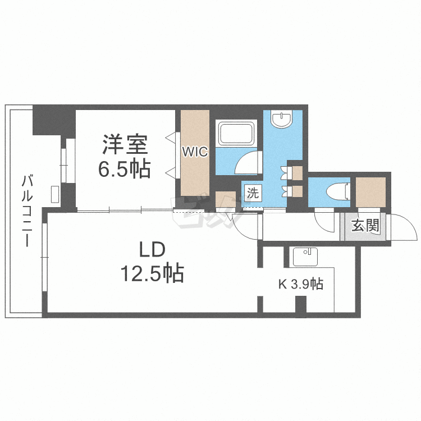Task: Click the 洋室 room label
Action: pyautogui.click(x=125, y=145)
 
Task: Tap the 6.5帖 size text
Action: pyautogui.click(x=125, y=168)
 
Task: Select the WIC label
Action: pyautogui.click(x=195, y=152)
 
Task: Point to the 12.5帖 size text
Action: pyautogui.click(x=151, y=274)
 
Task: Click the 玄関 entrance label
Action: pyautogui.click(x=365, y=226)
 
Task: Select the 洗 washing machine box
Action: pyautogui.click(x=253, y=194)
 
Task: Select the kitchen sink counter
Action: pyautogui.click(x=305, y=257)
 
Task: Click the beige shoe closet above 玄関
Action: pyautogui.click(x=370, y=191)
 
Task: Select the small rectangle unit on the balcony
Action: pyautogui.click(x=55, y=194)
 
